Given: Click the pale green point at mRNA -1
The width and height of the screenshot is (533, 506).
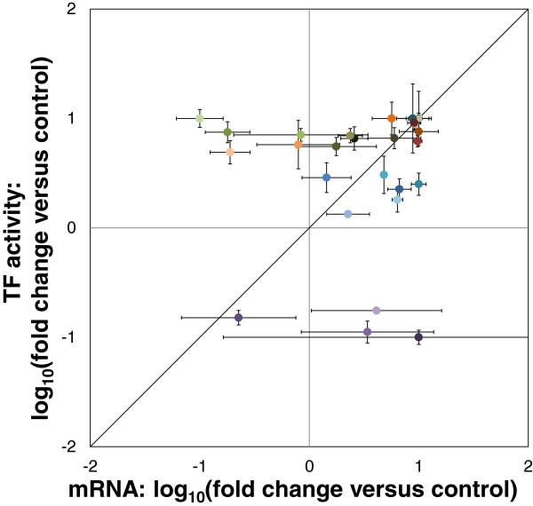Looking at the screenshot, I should (200, 118).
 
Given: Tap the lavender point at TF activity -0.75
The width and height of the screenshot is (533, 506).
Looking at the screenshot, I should (377, 310).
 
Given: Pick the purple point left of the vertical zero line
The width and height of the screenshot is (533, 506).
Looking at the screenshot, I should (238, 317).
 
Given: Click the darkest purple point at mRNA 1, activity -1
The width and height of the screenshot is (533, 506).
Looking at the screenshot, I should (418, 337).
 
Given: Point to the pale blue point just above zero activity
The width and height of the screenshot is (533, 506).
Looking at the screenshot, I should (348, 214).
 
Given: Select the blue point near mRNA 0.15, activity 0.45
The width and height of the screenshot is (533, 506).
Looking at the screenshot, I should (327, 178).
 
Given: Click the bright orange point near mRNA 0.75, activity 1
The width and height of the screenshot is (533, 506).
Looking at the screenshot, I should (392, 118).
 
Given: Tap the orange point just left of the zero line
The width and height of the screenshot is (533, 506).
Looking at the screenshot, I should (298, 145).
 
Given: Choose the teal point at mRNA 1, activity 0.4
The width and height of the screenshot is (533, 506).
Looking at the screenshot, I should (418, 184).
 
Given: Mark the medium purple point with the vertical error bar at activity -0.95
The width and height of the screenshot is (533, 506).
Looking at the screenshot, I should (368, 331).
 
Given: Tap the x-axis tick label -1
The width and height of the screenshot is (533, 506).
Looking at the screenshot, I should (199, 464).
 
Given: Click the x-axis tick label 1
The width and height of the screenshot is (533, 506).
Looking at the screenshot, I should (418, 464).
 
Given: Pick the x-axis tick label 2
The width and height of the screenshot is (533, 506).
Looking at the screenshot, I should (527, 464).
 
